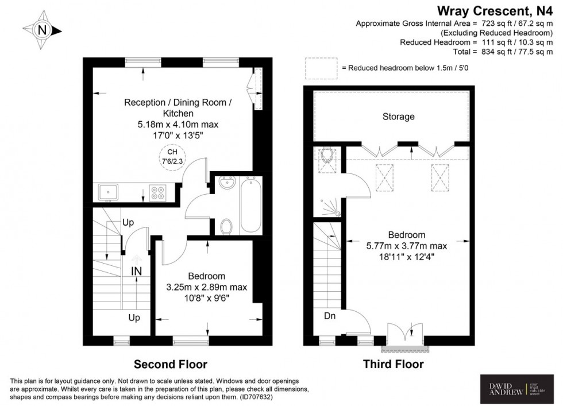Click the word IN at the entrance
tap(136, 270)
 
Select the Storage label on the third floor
tap(399, 117)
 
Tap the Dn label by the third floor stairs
tap(330, 315)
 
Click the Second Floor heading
tap(170, 364)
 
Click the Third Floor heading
tap(393, 364)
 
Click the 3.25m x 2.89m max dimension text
tap(207, 287)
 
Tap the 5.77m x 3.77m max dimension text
tap(407, 246)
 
